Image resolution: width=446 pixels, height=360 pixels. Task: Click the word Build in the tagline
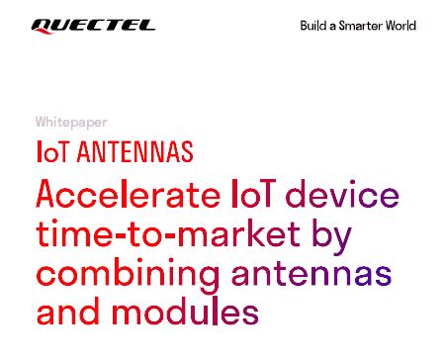[314, 26]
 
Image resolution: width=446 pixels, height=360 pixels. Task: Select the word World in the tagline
[402, 26]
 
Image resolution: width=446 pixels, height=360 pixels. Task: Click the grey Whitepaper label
[71, 123]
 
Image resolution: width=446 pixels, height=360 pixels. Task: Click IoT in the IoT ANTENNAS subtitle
[52, 153]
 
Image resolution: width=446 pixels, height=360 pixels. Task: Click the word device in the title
[341, 193]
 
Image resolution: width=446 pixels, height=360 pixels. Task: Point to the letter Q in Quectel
[42, 26]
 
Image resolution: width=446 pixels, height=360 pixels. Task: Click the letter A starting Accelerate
[46, 193]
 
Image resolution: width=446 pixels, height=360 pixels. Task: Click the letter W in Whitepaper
[42, 123]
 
